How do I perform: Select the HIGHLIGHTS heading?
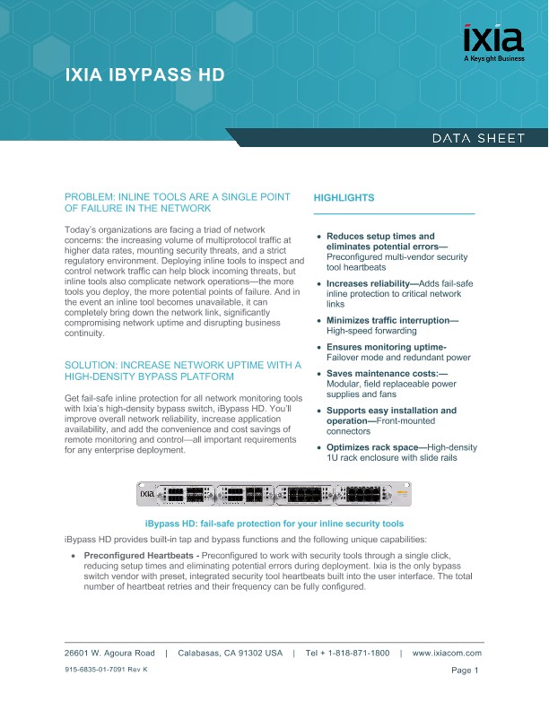coord(344,197)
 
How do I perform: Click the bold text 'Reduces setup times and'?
coord(379,237)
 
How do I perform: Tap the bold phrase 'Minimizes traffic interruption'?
coord(391,320)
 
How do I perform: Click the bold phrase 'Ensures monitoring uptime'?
coord(386,346)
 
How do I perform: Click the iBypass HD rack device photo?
coord(274,495)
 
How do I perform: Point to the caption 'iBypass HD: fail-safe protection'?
coord(274,524)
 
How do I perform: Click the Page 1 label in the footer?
coord(466,671)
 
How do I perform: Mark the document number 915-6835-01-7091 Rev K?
coord(106,671)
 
